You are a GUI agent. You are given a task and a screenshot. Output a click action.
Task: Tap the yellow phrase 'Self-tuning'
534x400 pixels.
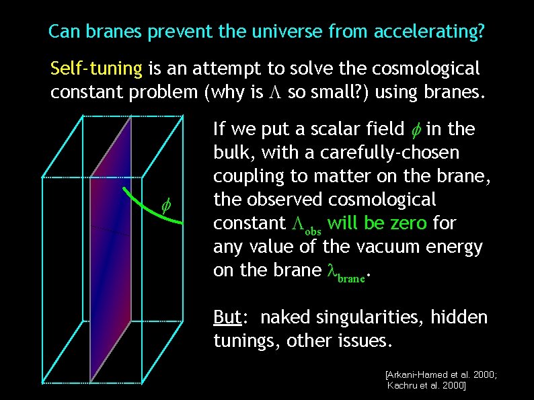pos(96,69)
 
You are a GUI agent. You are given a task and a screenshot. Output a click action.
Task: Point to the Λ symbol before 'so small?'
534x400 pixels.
pos(276,93)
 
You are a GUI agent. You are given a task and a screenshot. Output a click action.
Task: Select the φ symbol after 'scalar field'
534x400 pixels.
pos(416,129)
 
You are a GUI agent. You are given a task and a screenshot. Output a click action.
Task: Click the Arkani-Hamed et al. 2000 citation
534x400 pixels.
pos(441,374)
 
